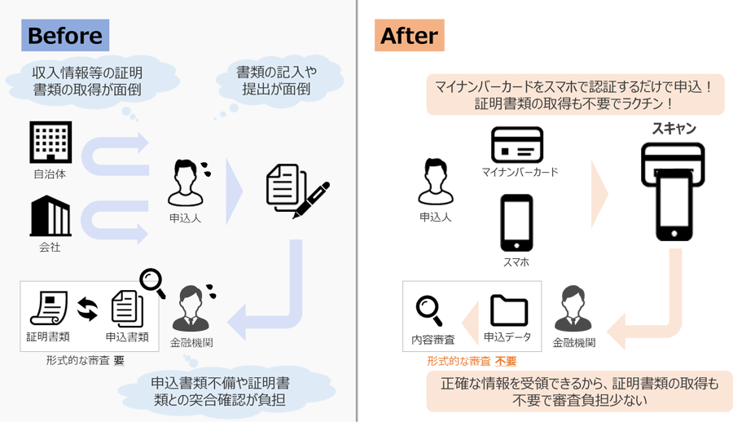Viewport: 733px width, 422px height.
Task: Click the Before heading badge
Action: pyautogui.click(x=65, y=36)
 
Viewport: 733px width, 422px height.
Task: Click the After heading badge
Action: pyautogui.click(x=409, y=36)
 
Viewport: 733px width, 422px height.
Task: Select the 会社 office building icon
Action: pyautogui.click(x=50, y=216)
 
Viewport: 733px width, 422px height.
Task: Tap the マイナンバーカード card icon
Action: pyautogui.click(x=516, y=145)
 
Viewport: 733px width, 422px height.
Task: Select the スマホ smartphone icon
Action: pyautogui.click(x=516, y=223)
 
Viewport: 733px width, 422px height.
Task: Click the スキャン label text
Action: pyautogui.click(x=674, y=129)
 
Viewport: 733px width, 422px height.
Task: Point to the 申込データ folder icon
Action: pyautogui.click(x=509, y=310)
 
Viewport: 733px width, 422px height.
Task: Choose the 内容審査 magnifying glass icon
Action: pyautogui.click(x=429, y=310)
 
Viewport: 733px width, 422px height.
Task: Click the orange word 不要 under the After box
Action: pyautogui.click(x=506, y=361)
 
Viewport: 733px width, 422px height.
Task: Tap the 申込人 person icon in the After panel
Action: pyautogui.click(x=435, y=183)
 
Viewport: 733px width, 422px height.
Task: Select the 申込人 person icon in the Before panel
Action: pyautogui.click(x=186, y=183)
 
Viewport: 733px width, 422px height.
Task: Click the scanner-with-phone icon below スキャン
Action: pyautogui.click(x=673, y=191)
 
